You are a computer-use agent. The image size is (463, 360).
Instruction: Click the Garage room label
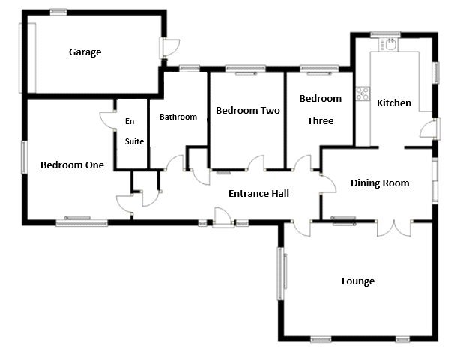point(85,52)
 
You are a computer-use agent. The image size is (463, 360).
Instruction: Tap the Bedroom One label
point(72,165)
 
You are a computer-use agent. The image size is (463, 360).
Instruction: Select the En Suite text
point(134,131)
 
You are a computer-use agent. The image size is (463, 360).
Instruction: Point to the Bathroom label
point(178,117)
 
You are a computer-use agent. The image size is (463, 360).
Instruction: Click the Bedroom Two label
point(247,111)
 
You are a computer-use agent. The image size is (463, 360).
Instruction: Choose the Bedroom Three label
point(320,109)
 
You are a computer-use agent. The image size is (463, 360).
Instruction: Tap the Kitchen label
point(393,103)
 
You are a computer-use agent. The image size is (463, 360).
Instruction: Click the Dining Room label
point(379,183)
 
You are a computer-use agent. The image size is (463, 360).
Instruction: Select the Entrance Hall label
point(258,193)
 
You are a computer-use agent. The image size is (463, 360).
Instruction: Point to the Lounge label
point(357,281)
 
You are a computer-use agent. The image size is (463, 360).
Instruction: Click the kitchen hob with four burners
point(363,94)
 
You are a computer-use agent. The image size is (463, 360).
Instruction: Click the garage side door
point(169,47)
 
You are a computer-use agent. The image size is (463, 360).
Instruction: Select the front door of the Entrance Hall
point(223,218)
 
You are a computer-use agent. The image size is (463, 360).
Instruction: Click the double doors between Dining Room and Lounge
point(396,225)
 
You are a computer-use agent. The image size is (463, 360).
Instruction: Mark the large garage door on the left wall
point(31,58)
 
